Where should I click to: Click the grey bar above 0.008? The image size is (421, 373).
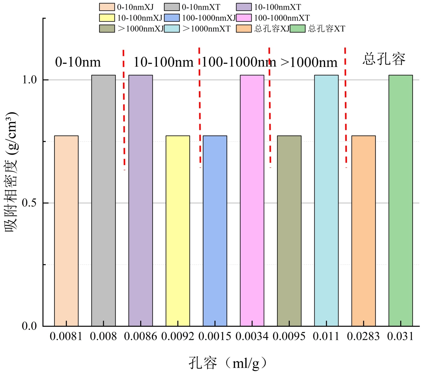[103, 200]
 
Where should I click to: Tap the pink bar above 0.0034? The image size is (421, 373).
[252, 200]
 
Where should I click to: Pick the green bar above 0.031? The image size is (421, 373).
[400, 200]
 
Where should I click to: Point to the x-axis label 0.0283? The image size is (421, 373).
[363, 336]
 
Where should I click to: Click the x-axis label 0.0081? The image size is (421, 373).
[66, 336]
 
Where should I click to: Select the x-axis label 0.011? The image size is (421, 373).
[326, 336]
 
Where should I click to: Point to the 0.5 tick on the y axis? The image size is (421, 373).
[29, 203]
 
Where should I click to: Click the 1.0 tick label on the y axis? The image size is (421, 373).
[29, 79]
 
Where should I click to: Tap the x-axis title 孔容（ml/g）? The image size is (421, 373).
[228, 363]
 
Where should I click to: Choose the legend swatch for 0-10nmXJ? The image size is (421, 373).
[107, 7]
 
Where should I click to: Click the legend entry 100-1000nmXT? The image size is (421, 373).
[282, 18]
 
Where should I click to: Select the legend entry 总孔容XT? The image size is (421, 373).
[327, 28]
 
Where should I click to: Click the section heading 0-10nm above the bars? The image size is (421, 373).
[78, 62]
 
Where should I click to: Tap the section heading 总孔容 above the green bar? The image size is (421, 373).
[384, 59]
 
